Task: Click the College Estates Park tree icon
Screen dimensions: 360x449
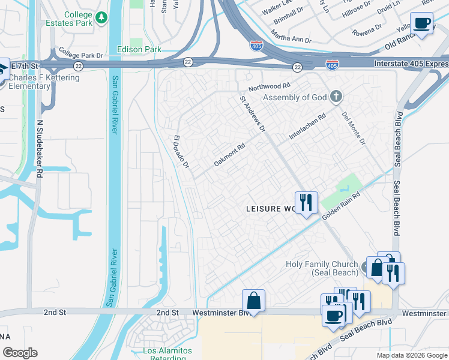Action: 101,19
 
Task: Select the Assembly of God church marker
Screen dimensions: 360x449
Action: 337,96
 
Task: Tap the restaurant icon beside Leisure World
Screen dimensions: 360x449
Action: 306,202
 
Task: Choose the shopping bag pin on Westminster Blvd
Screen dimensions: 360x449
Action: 254,300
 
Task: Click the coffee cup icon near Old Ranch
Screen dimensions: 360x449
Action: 422,23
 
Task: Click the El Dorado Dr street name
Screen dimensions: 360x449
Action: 181,151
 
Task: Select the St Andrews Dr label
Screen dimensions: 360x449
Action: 253,113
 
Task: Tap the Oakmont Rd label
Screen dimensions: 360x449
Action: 230,155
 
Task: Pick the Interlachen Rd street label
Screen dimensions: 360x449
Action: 307,127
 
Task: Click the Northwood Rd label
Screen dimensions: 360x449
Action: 269,86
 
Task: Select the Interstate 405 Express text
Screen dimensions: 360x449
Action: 410,64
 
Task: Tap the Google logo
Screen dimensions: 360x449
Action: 20,353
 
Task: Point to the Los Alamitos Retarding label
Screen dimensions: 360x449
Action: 167,354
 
